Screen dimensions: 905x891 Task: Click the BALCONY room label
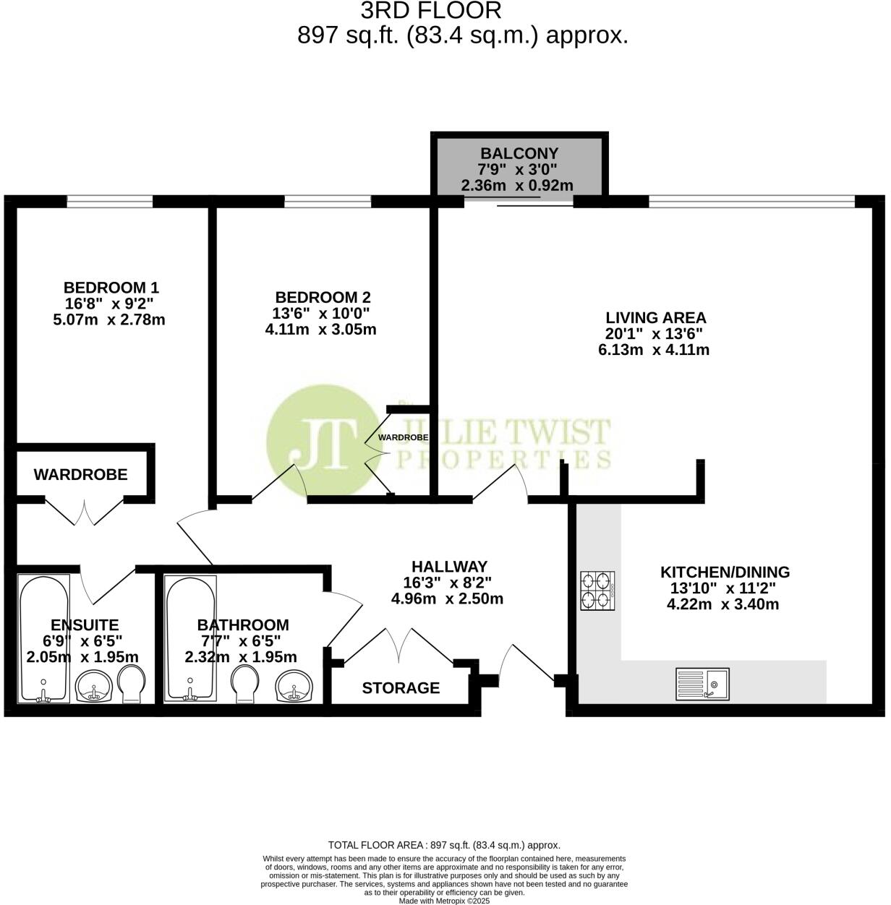tap(519, 153)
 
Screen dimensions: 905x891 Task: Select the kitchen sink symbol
tap(702, 683)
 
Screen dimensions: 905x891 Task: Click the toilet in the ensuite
tap(132, 684)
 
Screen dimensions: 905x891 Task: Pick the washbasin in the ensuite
tap(94, 685)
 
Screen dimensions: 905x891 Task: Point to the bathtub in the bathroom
tap(189, 638)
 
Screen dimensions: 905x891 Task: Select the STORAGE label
tap(401, 688)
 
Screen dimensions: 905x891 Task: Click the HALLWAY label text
tap(449, 567)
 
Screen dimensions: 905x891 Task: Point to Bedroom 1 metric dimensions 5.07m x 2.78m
tap(109, 319)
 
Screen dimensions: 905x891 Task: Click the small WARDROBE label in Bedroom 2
tap(403, 437)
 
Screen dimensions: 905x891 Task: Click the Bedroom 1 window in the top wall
tap(110, 202)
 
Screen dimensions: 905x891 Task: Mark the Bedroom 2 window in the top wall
tap(328, 202)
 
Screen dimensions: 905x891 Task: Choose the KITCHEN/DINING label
tap(725, 572)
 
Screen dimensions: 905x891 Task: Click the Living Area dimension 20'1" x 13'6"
tap(654, 334)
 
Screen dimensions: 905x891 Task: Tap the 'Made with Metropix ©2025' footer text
tap(444, 901)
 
